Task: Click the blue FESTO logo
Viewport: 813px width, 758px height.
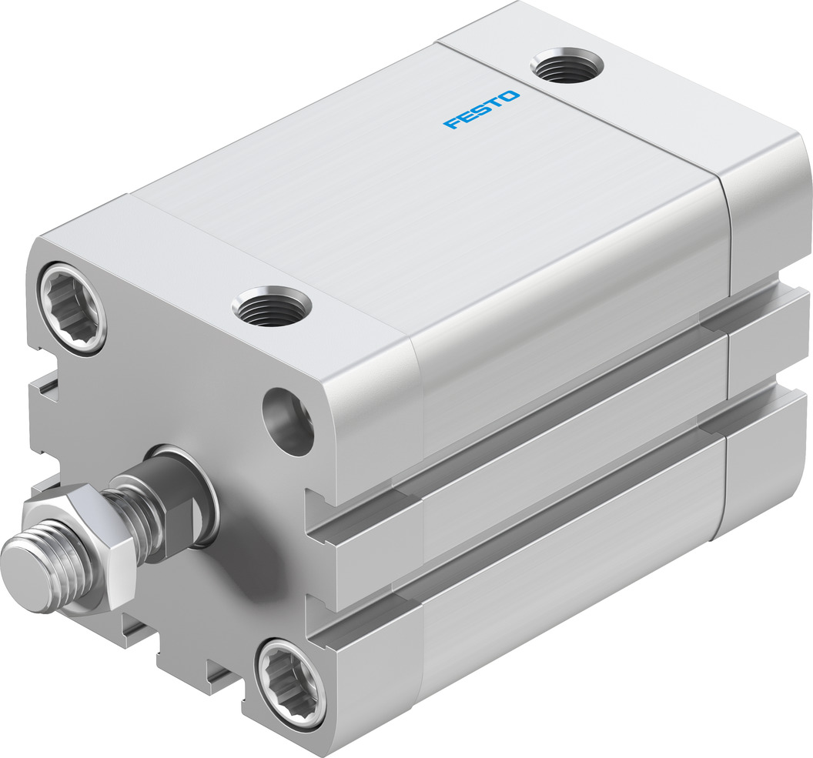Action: point(481,109)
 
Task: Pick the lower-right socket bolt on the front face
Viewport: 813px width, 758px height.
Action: point(291,683)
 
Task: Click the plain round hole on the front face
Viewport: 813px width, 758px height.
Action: point(288,420)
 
